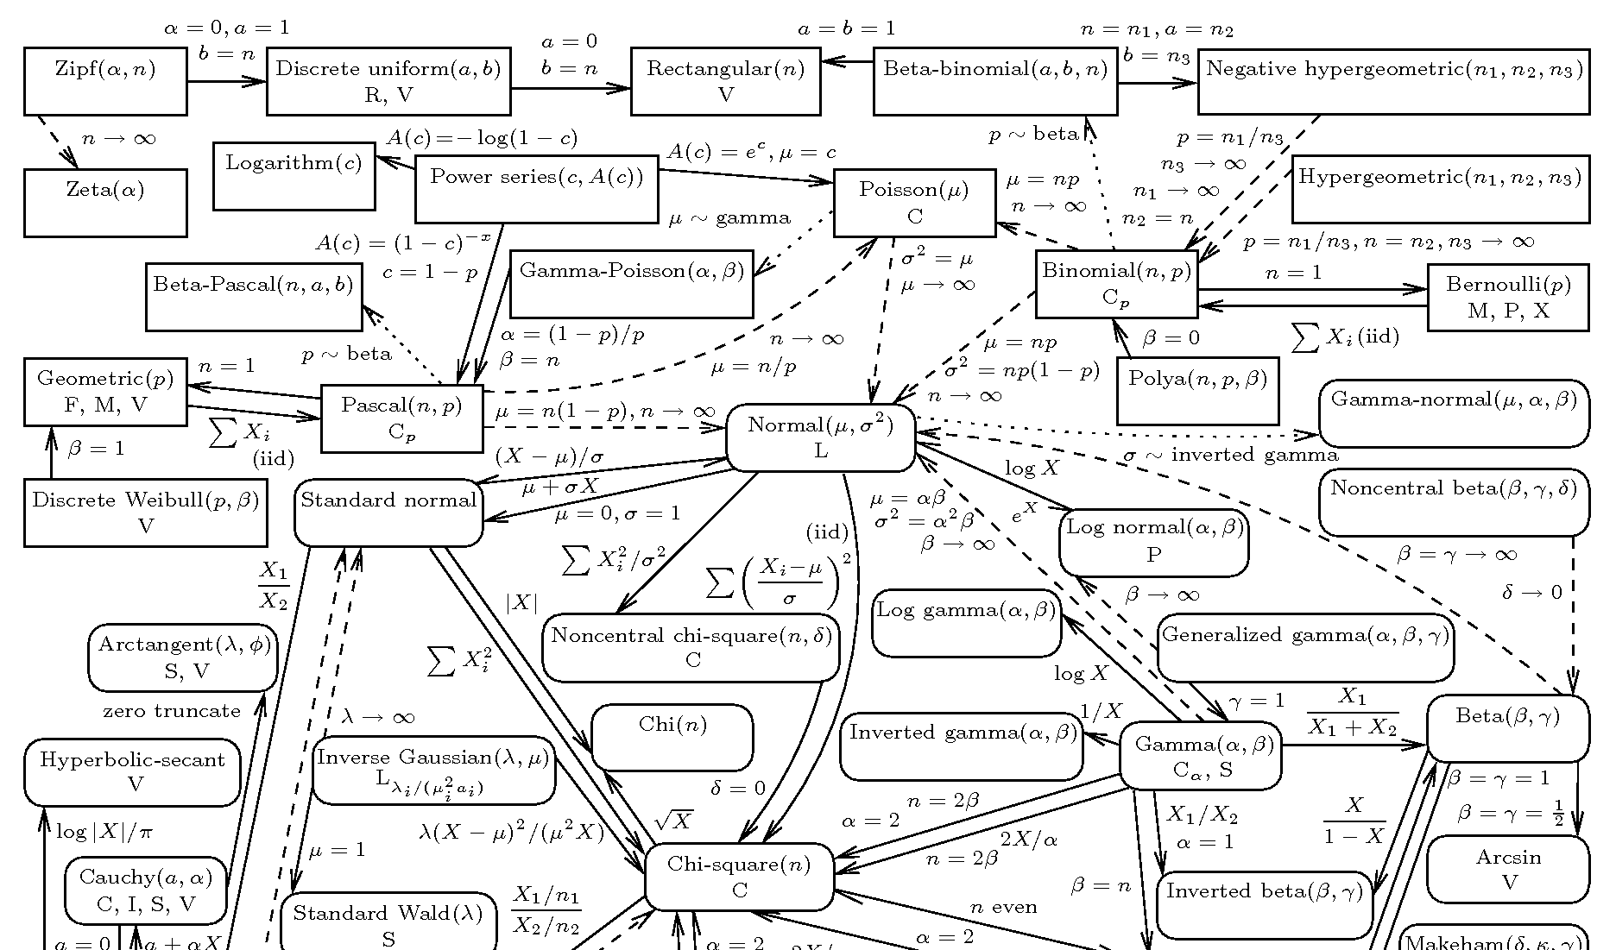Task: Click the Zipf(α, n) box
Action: (105, 81)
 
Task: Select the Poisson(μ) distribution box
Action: (914, 203)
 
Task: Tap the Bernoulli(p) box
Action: (1507, 297)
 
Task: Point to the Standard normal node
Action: (388, 513)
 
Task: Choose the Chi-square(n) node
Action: (739, 877)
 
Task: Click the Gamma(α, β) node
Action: (1200, 756)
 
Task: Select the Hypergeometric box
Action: (1440, 189)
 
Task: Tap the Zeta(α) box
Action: (105, 203)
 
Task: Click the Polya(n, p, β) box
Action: (1197, 391)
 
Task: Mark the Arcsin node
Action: (1507, 869)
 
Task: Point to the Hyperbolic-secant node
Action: (132, 771)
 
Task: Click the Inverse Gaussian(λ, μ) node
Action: (433, 770)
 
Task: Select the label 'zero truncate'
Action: (172, 711)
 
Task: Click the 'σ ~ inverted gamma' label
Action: (1230, 455)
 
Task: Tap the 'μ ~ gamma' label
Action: (729, 218)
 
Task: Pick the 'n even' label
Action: (1003, 907)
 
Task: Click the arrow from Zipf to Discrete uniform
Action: (226, 82)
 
